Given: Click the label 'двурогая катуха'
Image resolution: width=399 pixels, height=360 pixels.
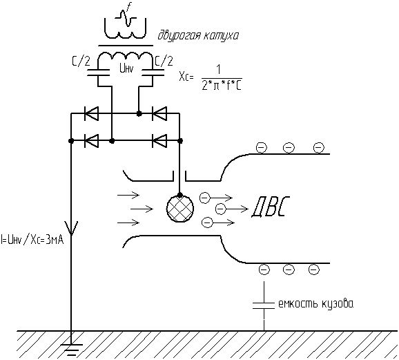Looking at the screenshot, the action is pyautogui.click(x=198, y=36).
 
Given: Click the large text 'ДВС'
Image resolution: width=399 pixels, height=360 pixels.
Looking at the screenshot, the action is pyautogui.click(x=271, y=207).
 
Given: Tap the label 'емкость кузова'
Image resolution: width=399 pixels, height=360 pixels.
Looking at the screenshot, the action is pyautogui.click(x=316, y=304).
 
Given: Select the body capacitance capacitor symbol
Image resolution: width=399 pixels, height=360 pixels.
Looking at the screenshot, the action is pyautogui.click(x=264, y=305).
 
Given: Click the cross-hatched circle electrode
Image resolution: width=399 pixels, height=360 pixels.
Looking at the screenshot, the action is pyautogui.click(x=180, y=209).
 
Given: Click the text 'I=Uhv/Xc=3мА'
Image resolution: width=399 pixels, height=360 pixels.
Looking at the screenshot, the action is pyautogui.click(x=32, y=240).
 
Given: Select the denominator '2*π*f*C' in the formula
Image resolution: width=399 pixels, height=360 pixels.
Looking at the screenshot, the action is pyautogui.click(x=222, y=86).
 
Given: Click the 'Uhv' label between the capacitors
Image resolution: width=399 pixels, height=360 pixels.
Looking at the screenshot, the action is pyautogui.click(x=126, y=69).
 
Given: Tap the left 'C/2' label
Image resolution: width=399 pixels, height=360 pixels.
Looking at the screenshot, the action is pyautogui.click(x=81, y=61).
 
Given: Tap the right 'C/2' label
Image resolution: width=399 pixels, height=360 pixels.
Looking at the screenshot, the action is pyautogui.click(x=164, y=61).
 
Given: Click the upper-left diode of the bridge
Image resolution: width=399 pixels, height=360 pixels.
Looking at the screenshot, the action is pyautogui.click(x=91, y=113).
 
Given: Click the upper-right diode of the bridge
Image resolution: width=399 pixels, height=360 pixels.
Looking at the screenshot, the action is pyautogui.click(x=159, y=113).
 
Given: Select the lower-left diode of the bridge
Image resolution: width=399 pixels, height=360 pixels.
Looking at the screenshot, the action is pyautogui.click(x=91, y=141).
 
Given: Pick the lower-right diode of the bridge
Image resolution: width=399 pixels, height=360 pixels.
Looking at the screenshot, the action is pyautogui.click(x=159, y=141).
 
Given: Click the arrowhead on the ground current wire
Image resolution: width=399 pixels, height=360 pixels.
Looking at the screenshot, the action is pyautogui.click(x=71, y=228).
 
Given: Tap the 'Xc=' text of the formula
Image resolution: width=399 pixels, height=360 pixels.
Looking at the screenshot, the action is pyautogui.click(x=186, y=77).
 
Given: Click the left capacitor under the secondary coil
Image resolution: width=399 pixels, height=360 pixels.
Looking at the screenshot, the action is pyautogui.click(x=98, y=72).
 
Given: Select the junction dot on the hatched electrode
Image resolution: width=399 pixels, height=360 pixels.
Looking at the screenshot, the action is pyautogui.click(x=180, y=196).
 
